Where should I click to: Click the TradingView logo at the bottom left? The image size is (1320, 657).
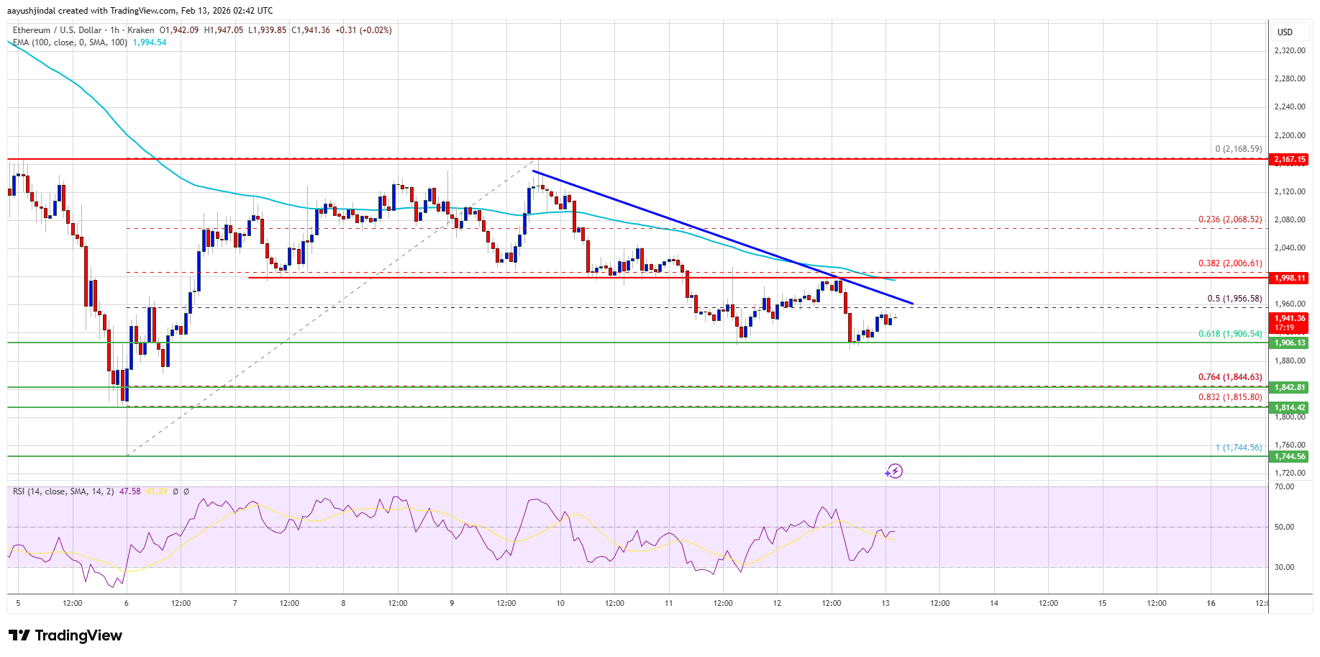[65, 635]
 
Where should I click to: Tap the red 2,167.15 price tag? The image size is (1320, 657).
[1289, 159]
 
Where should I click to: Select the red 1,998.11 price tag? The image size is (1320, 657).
[1289, 278]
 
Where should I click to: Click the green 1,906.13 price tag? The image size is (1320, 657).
[1289, 343]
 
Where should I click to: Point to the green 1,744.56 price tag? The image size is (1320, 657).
[1289, 456]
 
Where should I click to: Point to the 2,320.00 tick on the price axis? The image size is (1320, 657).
[1289, 50]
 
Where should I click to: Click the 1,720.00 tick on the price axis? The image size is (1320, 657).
[1289, 473]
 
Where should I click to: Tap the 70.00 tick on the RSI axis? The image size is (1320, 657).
[1284, 486]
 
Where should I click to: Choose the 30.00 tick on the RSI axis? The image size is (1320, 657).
[1284, 567]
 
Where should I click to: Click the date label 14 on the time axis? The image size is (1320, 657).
[994, 603]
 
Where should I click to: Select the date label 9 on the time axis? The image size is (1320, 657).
[452, 603]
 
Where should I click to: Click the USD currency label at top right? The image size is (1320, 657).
[1285, 32]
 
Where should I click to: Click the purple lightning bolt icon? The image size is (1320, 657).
[894, 471]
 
